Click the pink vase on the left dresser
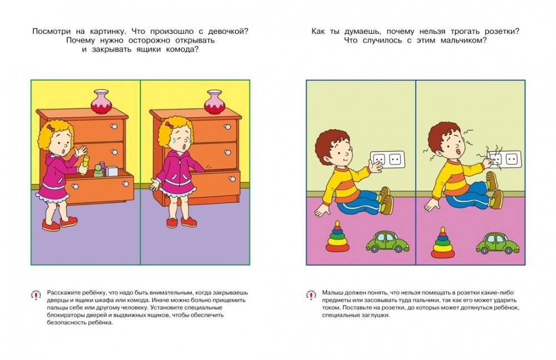point(102,101)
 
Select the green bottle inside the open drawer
point(99,170)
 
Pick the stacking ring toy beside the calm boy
point(336,238)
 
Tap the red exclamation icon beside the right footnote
point(310,296)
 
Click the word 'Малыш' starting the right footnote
point(329,292)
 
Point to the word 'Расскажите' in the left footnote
point(63,292)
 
